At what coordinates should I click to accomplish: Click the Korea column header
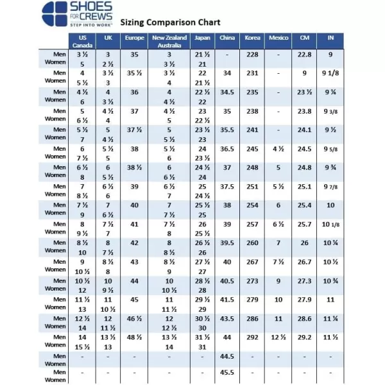coord(252,38)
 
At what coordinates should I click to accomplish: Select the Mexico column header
coord(278,38)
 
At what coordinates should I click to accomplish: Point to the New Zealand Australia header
coord(169,41)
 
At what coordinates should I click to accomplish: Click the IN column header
coord(330,38)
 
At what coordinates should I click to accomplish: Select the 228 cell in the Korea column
coord(252,55)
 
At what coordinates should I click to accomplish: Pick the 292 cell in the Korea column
coord(252,337)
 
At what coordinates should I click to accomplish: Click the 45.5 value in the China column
coord(227,373)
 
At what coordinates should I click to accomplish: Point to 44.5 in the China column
coord(227,356)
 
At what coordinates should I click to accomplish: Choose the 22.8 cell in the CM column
coord(304,55)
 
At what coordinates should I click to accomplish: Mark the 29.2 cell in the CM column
coord(304,337)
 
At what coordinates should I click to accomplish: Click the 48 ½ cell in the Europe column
coord(133,337)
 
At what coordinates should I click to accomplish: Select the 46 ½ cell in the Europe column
coord(133,318)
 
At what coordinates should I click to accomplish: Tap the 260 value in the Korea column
coord(252,243)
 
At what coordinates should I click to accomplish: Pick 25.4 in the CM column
coord(304,205)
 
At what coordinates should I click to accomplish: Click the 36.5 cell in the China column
coord(227,149)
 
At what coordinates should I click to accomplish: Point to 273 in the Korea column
coord(252,281)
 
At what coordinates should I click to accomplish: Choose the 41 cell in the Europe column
coord(133,225)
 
